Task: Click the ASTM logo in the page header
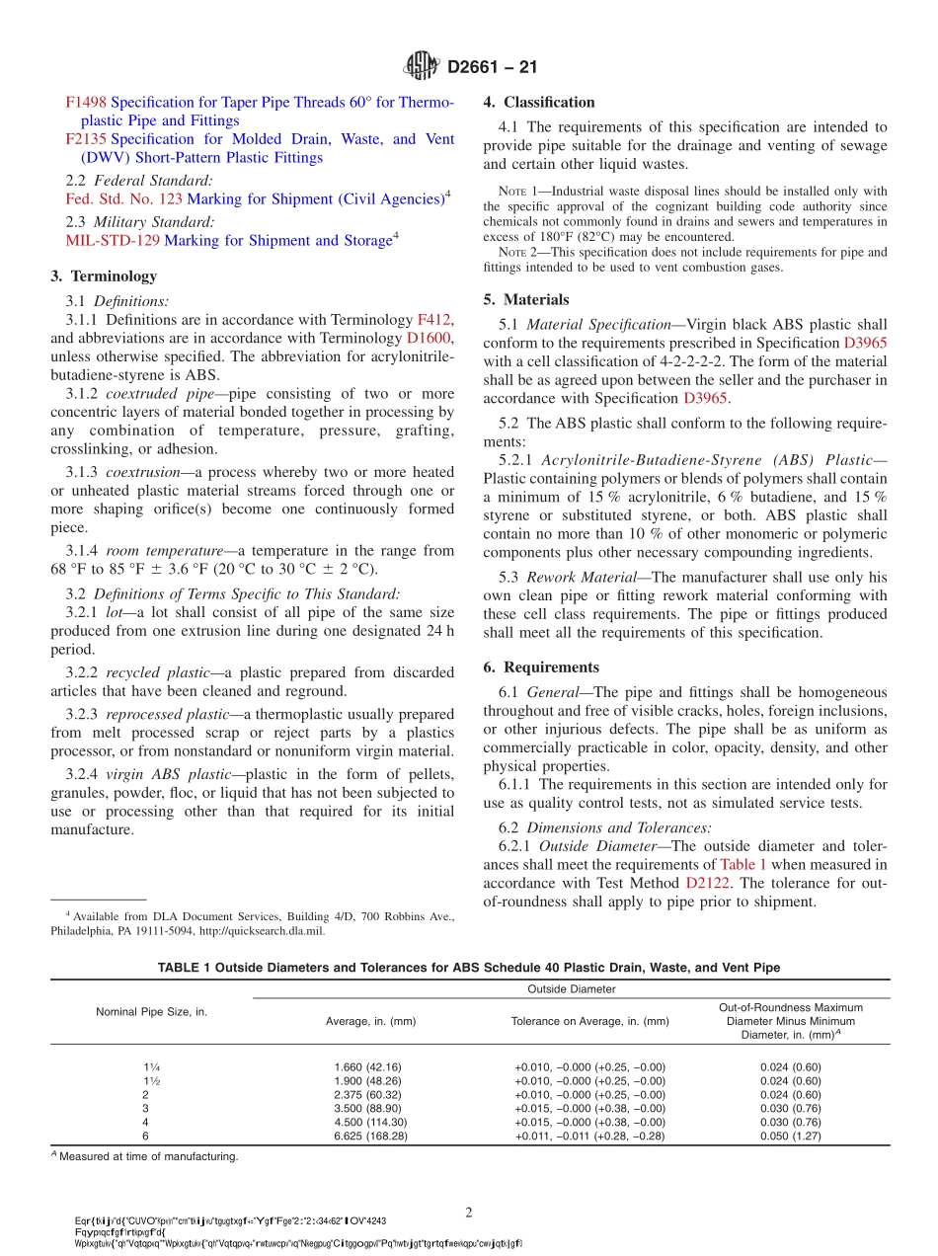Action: point(422,67)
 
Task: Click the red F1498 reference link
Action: point(86,103)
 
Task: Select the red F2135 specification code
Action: point(86,140)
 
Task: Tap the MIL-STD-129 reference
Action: point(113,240)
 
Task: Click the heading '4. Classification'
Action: point(539,103)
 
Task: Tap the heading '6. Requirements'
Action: point(541,667)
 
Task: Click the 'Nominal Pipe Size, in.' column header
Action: point(151,1012)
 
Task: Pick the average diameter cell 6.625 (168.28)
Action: point(370,1136)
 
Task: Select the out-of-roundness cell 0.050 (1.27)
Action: point(790,1136)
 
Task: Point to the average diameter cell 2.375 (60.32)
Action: point(370,1095)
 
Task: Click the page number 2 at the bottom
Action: point(469,1212)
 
